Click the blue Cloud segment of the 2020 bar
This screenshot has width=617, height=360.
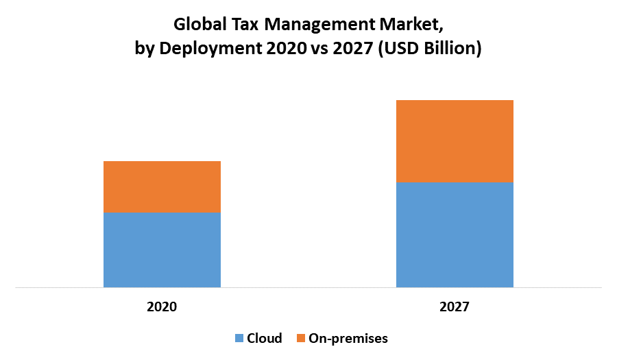pos(162,249)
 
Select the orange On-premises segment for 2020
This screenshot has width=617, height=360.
pos(162,187)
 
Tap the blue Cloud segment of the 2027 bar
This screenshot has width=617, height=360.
pos(455,234)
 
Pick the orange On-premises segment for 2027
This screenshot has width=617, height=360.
pos(455,141)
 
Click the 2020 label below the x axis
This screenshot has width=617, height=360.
pos(162,307)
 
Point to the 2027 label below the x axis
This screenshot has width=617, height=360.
pos(455,307)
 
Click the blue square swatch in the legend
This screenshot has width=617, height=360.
pos(239,338)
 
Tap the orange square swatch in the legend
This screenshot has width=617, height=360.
pos(300,338)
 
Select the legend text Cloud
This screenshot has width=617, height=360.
pos(265,338)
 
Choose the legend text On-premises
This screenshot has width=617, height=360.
pos(348,338)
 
